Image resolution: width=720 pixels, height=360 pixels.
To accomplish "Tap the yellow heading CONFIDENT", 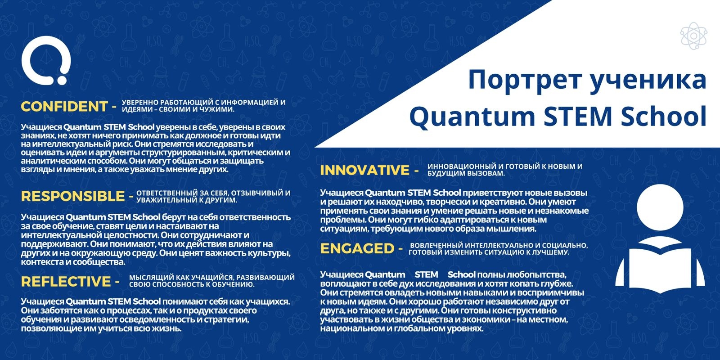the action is pyautogui.click(x=64, y=107).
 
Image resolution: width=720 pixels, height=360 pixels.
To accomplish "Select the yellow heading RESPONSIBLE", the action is pyautogui.click(x=73, y=196).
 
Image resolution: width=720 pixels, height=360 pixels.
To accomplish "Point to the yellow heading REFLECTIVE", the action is pyautogui.click(x=66, y=282).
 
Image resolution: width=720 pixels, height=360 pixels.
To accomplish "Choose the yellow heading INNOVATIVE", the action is pyautogui.click(x=365, y=171).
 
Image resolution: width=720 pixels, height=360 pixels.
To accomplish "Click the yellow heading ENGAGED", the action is pyautogui.click(x=357, y=248).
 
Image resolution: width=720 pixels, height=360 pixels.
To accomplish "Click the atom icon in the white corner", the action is pyautogui.click(x=693, y=36).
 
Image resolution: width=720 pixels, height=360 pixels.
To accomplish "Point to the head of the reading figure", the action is pyautogui.click(x=660, y=207).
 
